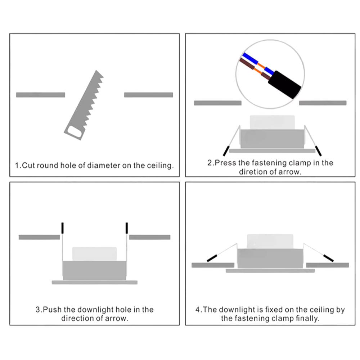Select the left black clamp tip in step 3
62,228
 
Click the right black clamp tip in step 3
127,228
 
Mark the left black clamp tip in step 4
212,257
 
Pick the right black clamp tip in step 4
328,257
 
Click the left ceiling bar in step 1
40,95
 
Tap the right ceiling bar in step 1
148,95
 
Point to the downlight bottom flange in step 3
94,282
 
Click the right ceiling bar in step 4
327,265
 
